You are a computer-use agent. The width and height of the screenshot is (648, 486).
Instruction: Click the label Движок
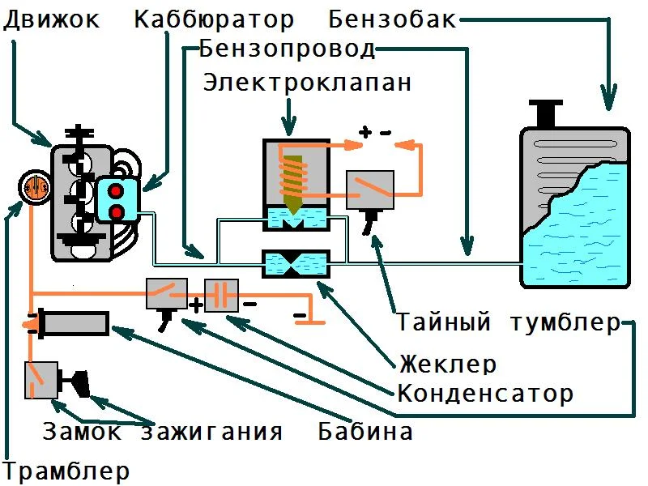coord(52,19)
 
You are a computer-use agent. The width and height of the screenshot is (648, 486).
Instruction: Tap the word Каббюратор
coord(215,19)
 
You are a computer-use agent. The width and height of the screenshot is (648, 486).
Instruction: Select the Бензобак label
coord(394,19)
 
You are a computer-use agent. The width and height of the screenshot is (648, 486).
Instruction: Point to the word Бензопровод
coord(288,49)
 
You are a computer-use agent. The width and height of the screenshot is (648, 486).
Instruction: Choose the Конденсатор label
coord(485,394)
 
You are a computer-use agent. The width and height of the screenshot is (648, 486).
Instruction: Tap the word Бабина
coord(365,430)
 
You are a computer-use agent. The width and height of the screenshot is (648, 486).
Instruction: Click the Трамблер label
coord(66,470)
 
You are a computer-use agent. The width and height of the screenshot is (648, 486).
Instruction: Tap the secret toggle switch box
coord(369,191)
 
